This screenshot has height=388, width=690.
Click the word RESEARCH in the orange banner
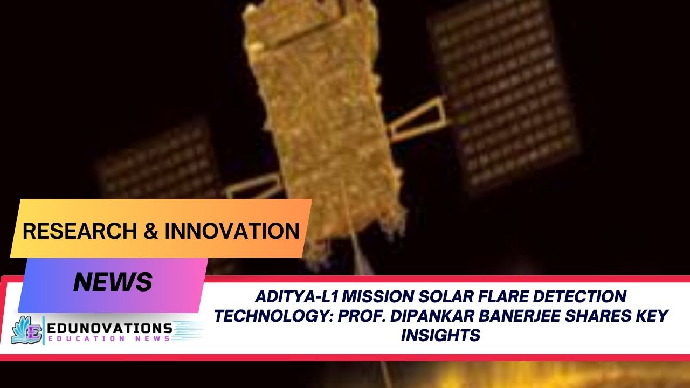80,231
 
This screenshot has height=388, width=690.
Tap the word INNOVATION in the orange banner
232,231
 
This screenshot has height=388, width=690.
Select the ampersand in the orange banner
151,231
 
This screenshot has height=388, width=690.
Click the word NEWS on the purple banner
113,282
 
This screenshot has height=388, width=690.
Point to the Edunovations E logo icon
27,330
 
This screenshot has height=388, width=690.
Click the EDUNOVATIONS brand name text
109,329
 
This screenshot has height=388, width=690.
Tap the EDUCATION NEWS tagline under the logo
109,339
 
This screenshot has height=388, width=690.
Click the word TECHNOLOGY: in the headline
273,316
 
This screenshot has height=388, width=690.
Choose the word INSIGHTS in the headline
440,335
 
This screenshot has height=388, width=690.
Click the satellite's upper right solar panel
505,92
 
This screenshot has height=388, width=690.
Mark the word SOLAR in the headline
445,297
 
